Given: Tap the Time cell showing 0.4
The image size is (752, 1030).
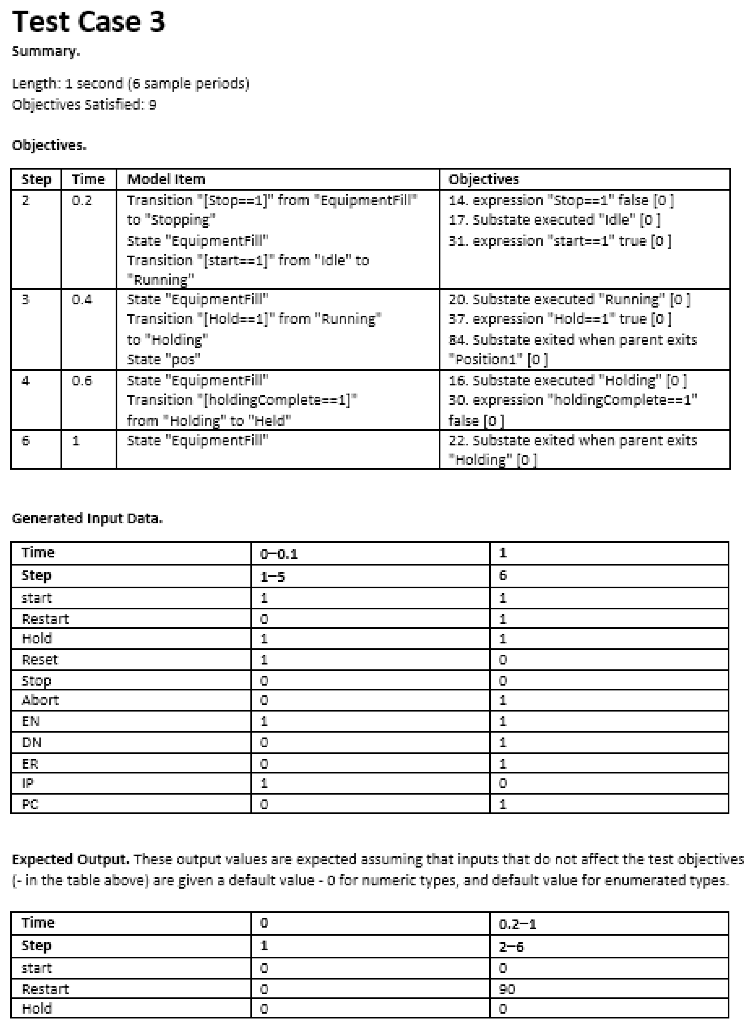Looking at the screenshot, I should (82, 299).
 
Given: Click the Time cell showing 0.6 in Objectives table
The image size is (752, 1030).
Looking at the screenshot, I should (82, 380).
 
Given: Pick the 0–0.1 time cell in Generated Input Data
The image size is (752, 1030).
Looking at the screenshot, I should (278, 554).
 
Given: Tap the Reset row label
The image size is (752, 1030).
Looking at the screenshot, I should (40, 660).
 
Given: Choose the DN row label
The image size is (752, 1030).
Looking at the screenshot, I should (32, 742).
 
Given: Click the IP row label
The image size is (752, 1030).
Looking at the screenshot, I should (28, 783).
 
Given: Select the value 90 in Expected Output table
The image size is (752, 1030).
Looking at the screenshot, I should (507, 989).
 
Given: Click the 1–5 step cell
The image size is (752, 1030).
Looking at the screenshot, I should (272, 577).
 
